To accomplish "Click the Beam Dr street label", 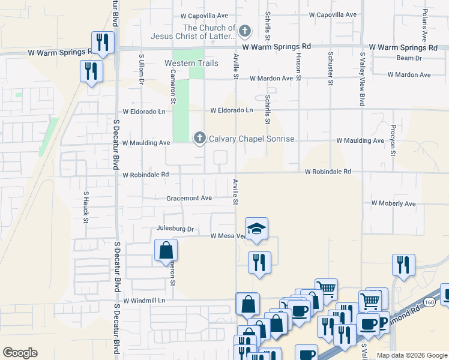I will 409,58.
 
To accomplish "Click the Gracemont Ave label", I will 190,198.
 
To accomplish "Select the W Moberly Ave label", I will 393,204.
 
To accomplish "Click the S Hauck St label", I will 86,208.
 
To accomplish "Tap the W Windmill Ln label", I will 143,300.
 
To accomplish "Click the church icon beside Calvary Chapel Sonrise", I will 199,139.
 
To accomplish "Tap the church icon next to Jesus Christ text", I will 244,31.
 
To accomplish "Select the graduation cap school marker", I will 256,228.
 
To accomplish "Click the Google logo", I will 20,353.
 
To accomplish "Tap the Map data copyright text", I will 411,355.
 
